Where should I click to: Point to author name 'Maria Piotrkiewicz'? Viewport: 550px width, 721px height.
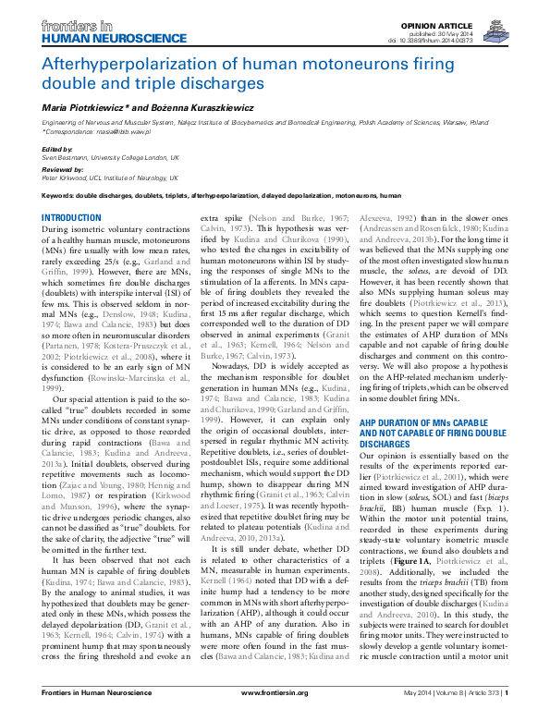[x=87, y=109]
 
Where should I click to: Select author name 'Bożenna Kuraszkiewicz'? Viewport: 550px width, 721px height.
[x=186, y=109]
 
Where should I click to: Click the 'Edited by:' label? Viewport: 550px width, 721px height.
[x=57, y=149]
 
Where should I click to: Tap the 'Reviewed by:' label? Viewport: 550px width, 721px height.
[x=63, y=170]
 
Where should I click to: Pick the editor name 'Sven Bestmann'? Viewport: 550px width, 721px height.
[x=64, y=156]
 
